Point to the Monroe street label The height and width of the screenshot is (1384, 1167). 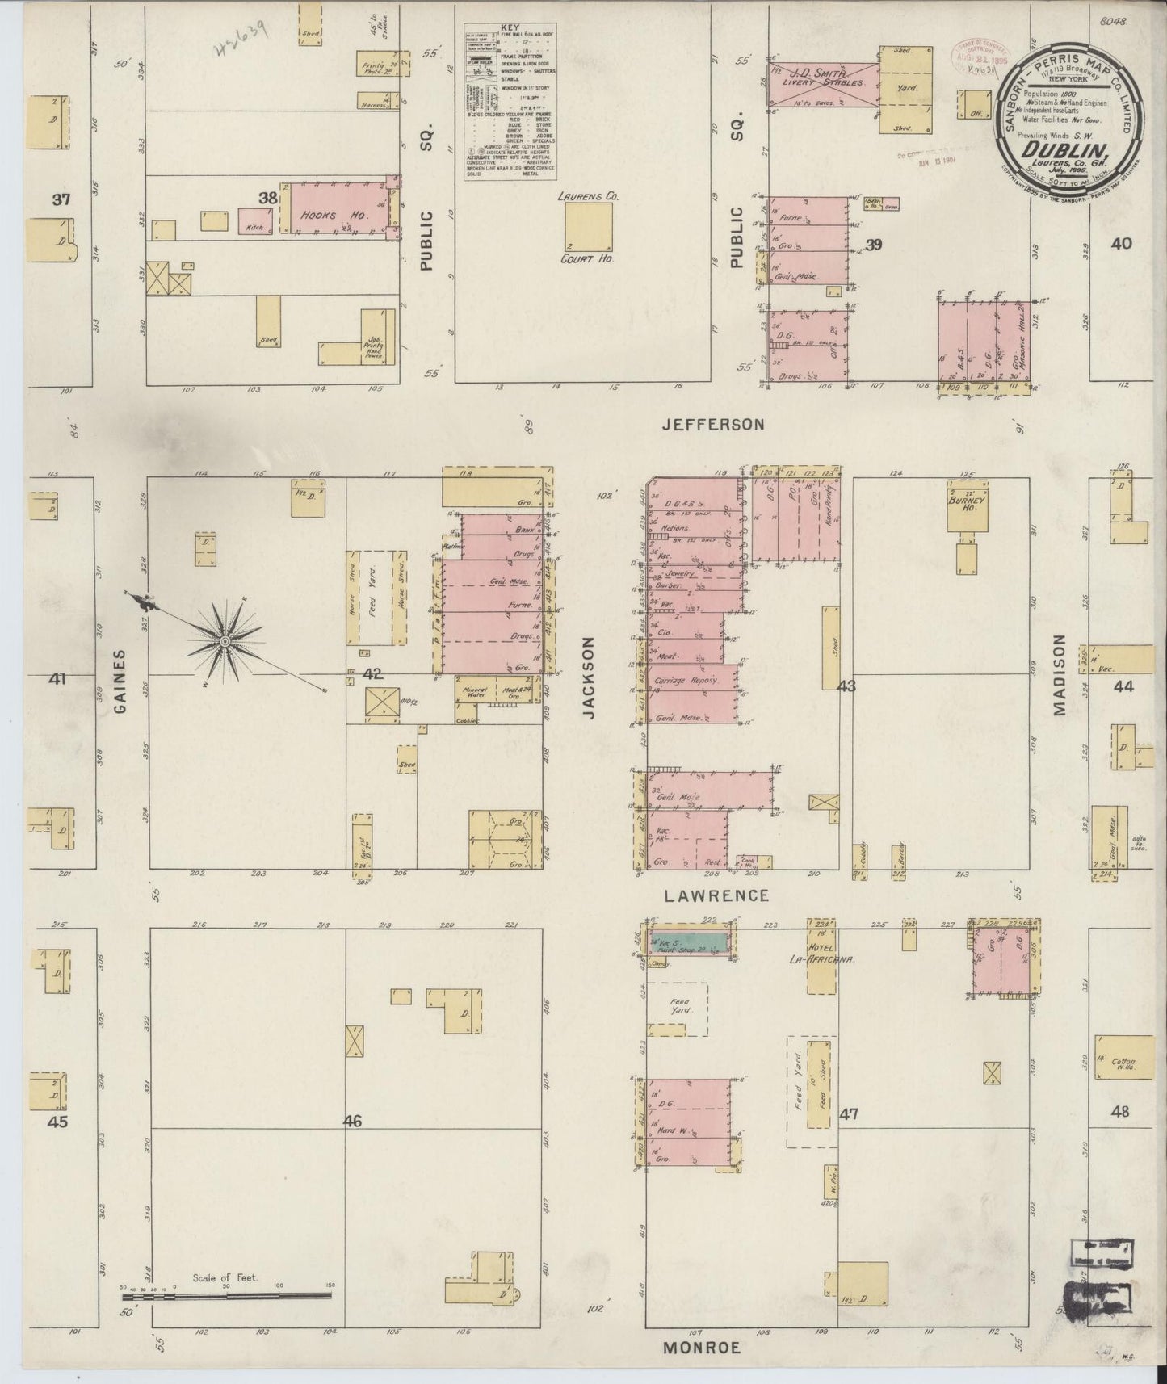[702, 1347]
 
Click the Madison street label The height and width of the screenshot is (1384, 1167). [1059, 675]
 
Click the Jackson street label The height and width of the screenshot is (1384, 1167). [589, 677]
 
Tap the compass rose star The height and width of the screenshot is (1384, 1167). [225, 641]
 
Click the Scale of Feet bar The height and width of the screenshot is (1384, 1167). [226, 1295]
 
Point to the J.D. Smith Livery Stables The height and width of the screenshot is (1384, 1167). [820, 83]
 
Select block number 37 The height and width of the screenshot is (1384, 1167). [61, 199]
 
